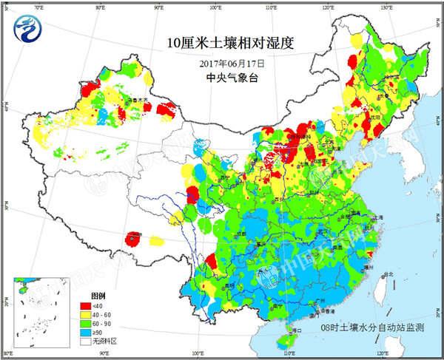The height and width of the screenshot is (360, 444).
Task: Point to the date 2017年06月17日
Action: [221, 64]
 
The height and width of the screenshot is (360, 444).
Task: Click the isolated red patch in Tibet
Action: [134, 239]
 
